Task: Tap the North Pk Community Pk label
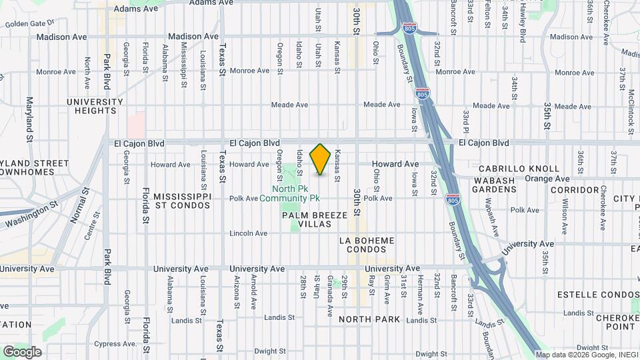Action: (290, 193)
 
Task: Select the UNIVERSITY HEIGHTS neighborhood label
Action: (95, 106)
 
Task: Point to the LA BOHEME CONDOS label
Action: (367, 245)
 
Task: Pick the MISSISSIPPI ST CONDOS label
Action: (182, 201)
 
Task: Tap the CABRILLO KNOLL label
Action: (517, 169)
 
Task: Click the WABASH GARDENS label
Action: (495, 185)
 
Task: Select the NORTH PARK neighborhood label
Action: (369, 319)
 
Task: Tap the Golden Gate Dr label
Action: (29, 24)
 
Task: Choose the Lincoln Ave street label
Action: (248, 233)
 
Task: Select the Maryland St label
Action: (29, 117)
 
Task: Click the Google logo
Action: (22, 352)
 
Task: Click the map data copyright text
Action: (587, 355)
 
